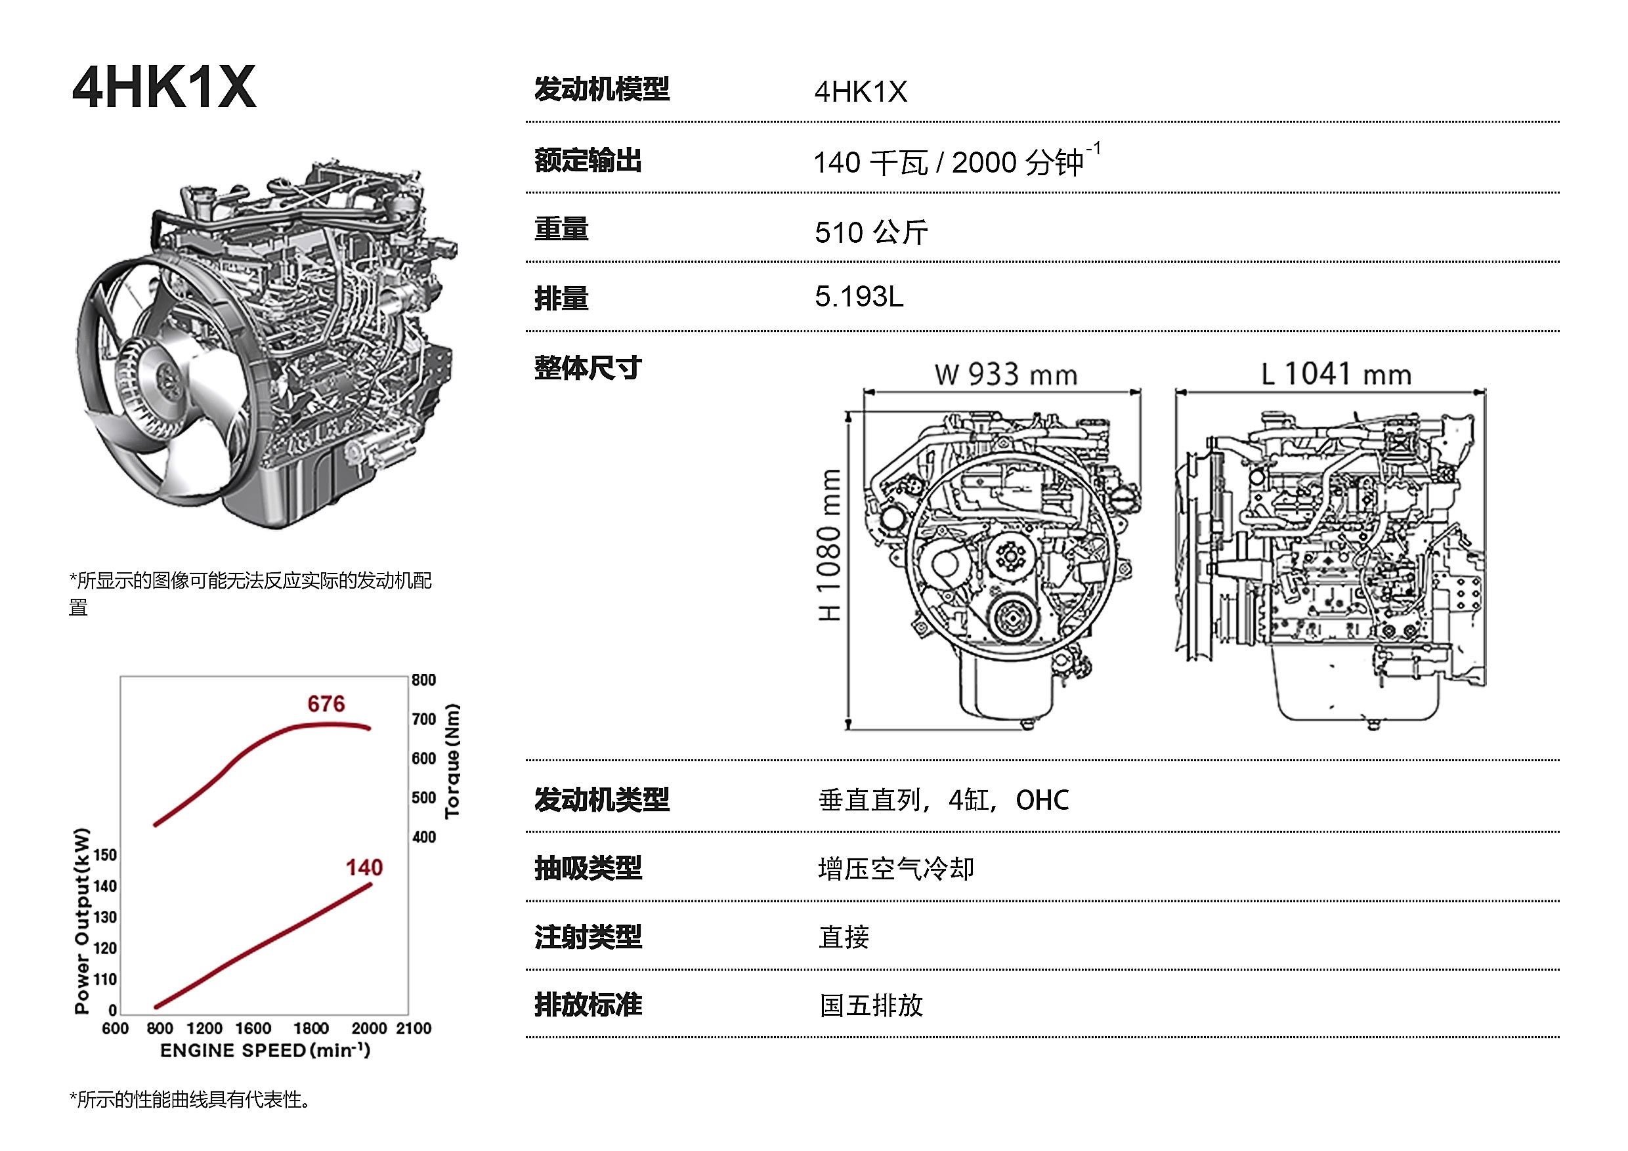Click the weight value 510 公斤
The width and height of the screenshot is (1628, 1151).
coord(871,232)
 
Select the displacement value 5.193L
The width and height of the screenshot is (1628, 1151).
coord(859,297)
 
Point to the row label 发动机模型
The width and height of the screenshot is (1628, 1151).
coord(601,89)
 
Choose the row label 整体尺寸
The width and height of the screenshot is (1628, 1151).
coord(588,368)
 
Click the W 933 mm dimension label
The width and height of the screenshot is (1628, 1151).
coord(1006,374)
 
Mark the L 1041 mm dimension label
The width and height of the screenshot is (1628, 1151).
coord(1336,373)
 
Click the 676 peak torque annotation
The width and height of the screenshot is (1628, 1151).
coord(326,703)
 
